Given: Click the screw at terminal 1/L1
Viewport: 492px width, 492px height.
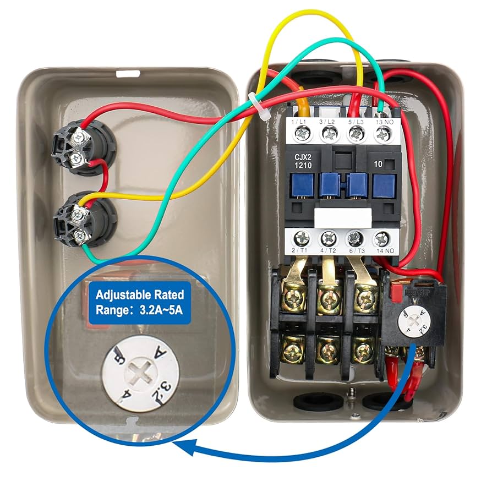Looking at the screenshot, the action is [302, 133].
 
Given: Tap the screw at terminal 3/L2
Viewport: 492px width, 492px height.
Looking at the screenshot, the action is [329, 133].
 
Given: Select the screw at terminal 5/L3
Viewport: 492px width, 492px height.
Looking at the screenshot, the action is [356, 133].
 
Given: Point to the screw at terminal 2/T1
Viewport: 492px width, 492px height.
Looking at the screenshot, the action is [301, 239].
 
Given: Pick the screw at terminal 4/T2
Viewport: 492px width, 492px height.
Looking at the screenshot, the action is [329, 239].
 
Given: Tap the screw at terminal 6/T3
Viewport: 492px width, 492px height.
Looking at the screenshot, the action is [356, 239].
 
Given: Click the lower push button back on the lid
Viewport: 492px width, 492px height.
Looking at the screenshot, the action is [81, 222].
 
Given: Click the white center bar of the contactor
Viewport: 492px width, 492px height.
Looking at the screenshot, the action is [341, 216].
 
